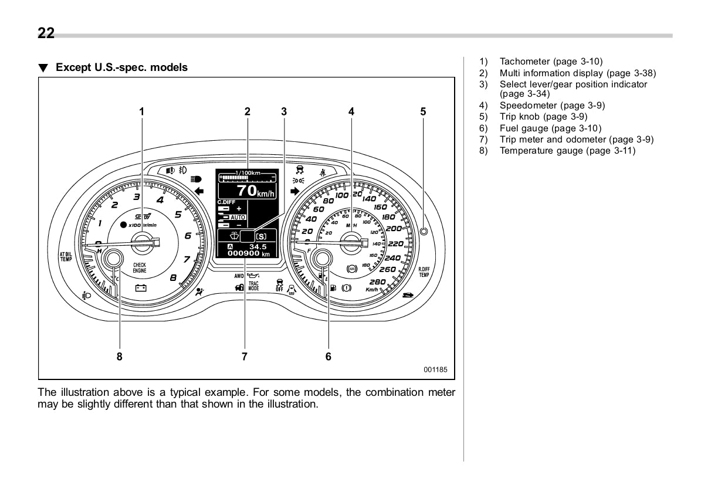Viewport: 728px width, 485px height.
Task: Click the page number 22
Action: pyautogui.click(x=46, y=33)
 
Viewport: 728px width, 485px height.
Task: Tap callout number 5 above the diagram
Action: pyautogui.click(x=423, y=111)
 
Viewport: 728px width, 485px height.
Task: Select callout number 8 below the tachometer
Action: pyautogui.click(x=119, y=356)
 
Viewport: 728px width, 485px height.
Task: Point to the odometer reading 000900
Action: pyautogui.click(x=244, y=254)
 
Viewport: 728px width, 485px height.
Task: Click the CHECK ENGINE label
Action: pyautogui.click(x=140, y=268)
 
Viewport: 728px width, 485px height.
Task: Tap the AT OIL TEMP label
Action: pyautogui.click(x=65, y=256)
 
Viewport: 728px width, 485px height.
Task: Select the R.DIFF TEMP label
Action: pyautogui.click(x=424, y=272)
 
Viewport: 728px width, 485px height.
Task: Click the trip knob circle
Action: pyautogui.click(x=424, y=230)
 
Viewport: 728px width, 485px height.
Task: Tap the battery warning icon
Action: pyautogui.click(x=140, y=287)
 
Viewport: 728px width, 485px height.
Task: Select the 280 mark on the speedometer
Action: pyautogui.click(x=377, y=281)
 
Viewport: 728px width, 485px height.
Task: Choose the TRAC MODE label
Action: pyautogui.click(x=253, y=286)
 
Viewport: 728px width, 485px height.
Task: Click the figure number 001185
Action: pyautogui.click(x=436, y=370)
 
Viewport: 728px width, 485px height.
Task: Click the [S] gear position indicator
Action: pyautogui.click(x=261, y=236)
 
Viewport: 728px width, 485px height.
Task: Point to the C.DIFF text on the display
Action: pyautogui.click(x=226, y=202)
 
